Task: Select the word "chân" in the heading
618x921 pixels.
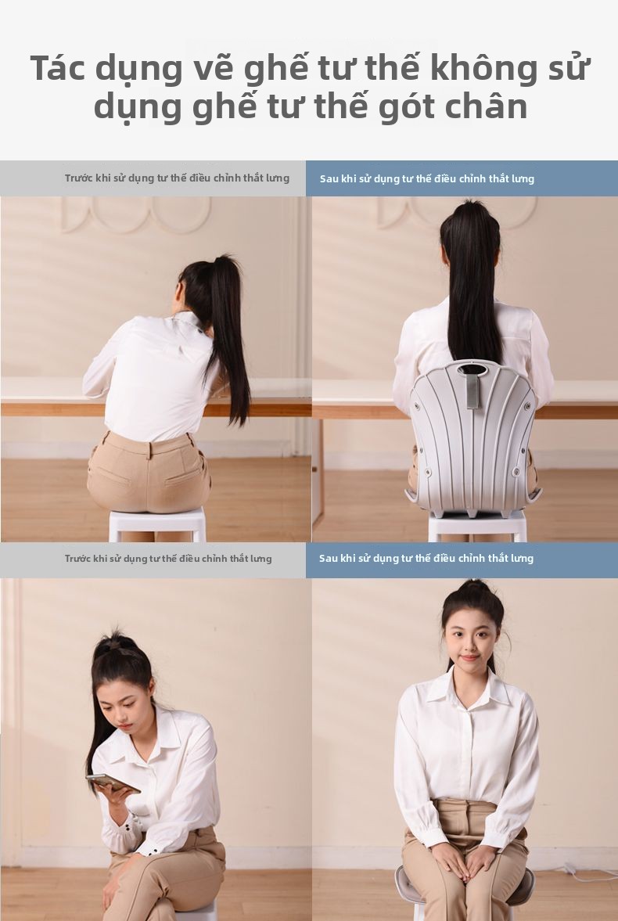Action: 487,106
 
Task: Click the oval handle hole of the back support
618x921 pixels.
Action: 473,369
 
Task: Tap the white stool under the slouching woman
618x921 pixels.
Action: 157,523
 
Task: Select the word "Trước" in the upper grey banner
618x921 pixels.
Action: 79,178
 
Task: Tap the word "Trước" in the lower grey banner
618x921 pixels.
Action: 78,558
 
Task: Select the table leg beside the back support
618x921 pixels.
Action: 318,470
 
